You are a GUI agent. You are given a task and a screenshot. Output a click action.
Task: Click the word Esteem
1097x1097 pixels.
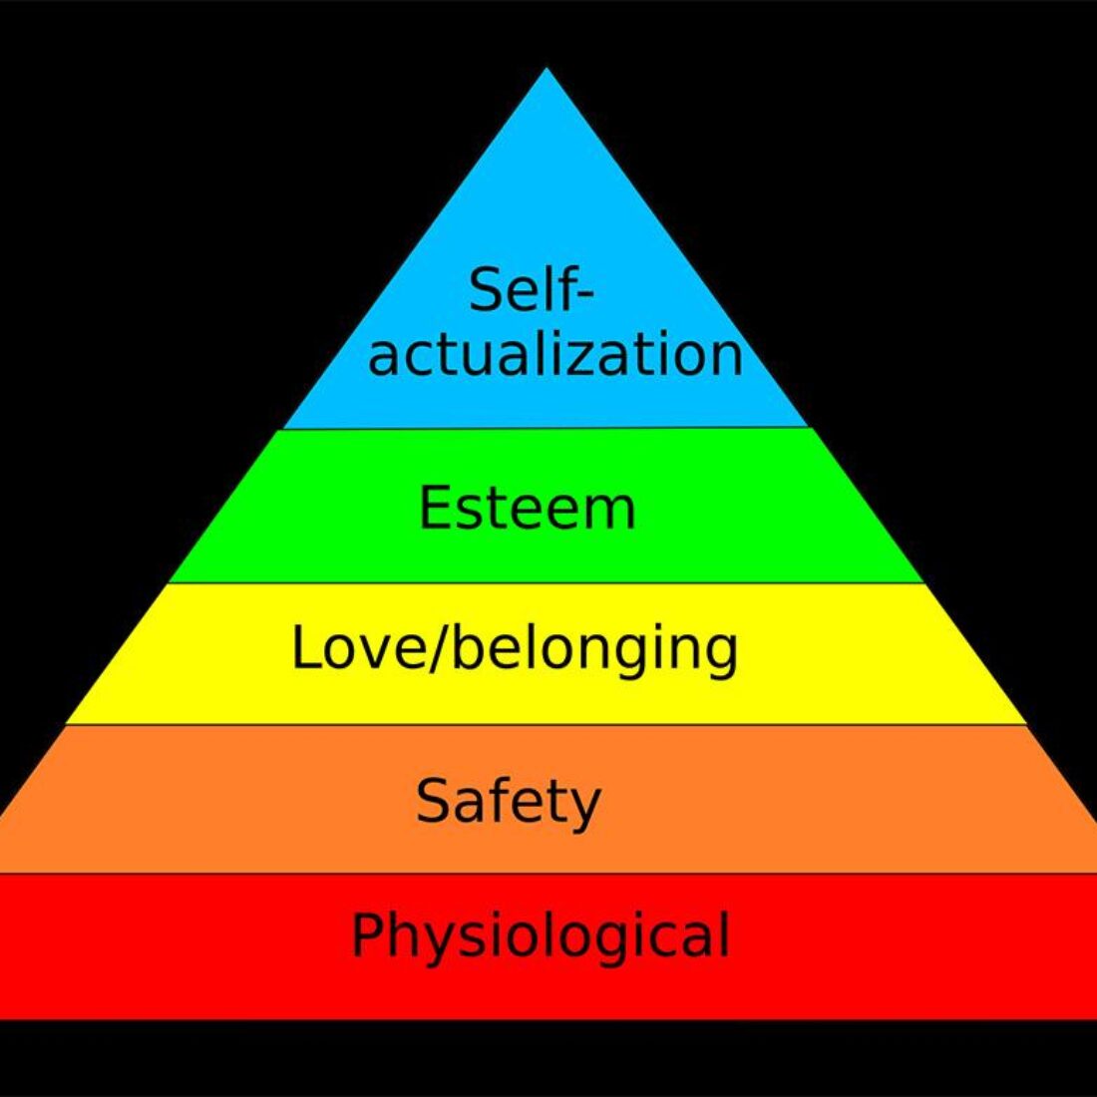tap(527, 508)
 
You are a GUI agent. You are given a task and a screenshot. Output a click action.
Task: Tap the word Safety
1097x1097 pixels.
tap(508, 803)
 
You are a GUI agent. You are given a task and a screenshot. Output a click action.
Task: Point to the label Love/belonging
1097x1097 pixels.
tap(515, 650)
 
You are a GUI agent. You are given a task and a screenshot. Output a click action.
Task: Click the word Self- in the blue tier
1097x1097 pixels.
tap(532, 289)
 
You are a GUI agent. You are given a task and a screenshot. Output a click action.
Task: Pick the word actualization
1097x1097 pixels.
tap(554, 355)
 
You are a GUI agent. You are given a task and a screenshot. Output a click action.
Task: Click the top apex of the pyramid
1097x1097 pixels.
tap(548, 68)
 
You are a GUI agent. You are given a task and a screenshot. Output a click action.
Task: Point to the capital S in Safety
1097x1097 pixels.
tap(433, 801)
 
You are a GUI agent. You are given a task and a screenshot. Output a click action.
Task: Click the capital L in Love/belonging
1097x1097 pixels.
tap(305, 647)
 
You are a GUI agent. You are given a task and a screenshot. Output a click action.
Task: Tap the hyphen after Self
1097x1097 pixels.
tap(585, 294)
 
